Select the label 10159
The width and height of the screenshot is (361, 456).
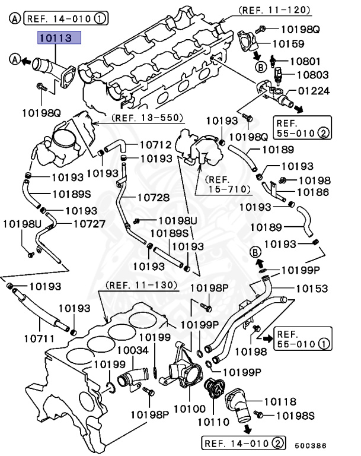click(x=288, y=43)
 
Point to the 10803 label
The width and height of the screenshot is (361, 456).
click(x=312, y=75)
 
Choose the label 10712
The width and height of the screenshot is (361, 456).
click(x=155, y=144)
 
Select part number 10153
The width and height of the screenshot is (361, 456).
click(x=312, y=289)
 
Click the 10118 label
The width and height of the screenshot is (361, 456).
click(x=279, y=402)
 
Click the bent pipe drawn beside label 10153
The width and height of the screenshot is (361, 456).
click(x=249, y=315)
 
